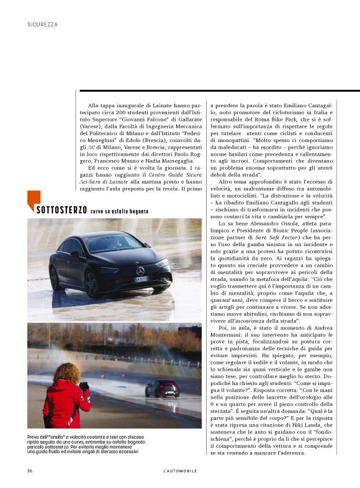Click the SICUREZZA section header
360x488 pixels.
tap(43, 25)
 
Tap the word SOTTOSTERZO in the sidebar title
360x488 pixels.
tap(61, 210)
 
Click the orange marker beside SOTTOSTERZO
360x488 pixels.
tap(30, 202)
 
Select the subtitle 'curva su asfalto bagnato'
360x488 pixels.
tap(119, 211)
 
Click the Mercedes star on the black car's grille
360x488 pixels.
tap(140, 271)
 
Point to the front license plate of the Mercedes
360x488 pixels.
tap(142, 280)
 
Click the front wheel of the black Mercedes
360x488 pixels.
tap(92, 283)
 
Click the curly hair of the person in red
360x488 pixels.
tap(65, 375)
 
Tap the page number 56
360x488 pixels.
tap(30, 471)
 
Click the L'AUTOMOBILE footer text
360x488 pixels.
tap(176, 471)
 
